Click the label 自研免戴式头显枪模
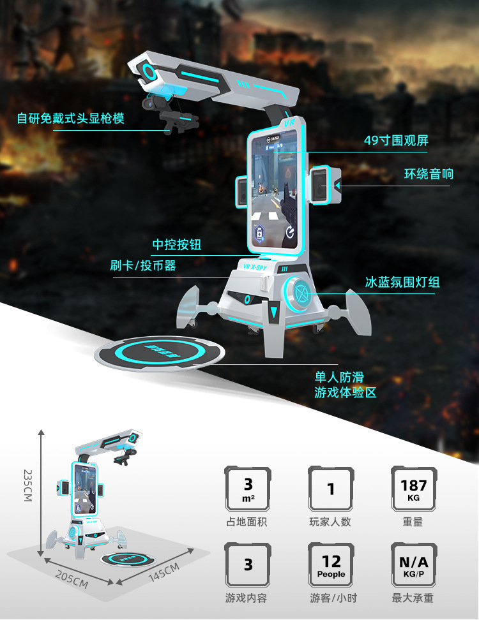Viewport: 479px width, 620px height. pyautogui.click(x=70, y=118)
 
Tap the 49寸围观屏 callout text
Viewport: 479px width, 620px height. pyautogui.click(x=396, y=140)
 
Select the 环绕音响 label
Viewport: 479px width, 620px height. pyautogui.click(x=429, y=174)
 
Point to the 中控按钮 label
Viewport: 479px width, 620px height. pyautogui.click(x=177, y=244)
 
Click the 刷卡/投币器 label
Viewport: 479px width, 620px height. pyautogui.click(x=143, y=265)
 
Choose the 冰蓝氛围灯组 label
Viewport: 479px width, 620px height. pyautogui.click(x=402, y=282)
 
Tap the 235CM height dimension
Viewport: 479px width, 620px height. pyautogui.click(x=27, y=485)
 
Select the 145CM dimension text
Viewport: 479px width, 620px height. pyautogui.click(x=164, y=573)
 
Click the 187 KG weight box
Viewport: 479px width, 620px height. pyautogui.click(x=414, y=489)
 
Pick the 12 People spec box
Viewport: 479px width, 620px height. pyautogui.click(x=331, y=565)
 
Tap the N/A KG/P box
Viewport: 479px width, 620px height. pyautogui.click(x=414, y=565)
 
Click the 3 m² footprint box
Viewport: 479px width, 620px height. pyautogui.click(x=248, y=489)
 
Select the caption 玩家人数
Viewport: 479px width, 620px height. pyautogui.click(x=330, y=522)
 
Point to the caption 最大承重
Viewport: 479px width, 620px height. pyautogui.click(x=413, y=598)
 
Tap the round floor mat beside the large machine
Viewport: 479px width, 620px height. pyautogui.click(x=160, y=353)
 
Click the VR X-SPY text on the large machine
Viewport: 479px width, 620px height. pyautogui.click(x=255, y=267)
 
